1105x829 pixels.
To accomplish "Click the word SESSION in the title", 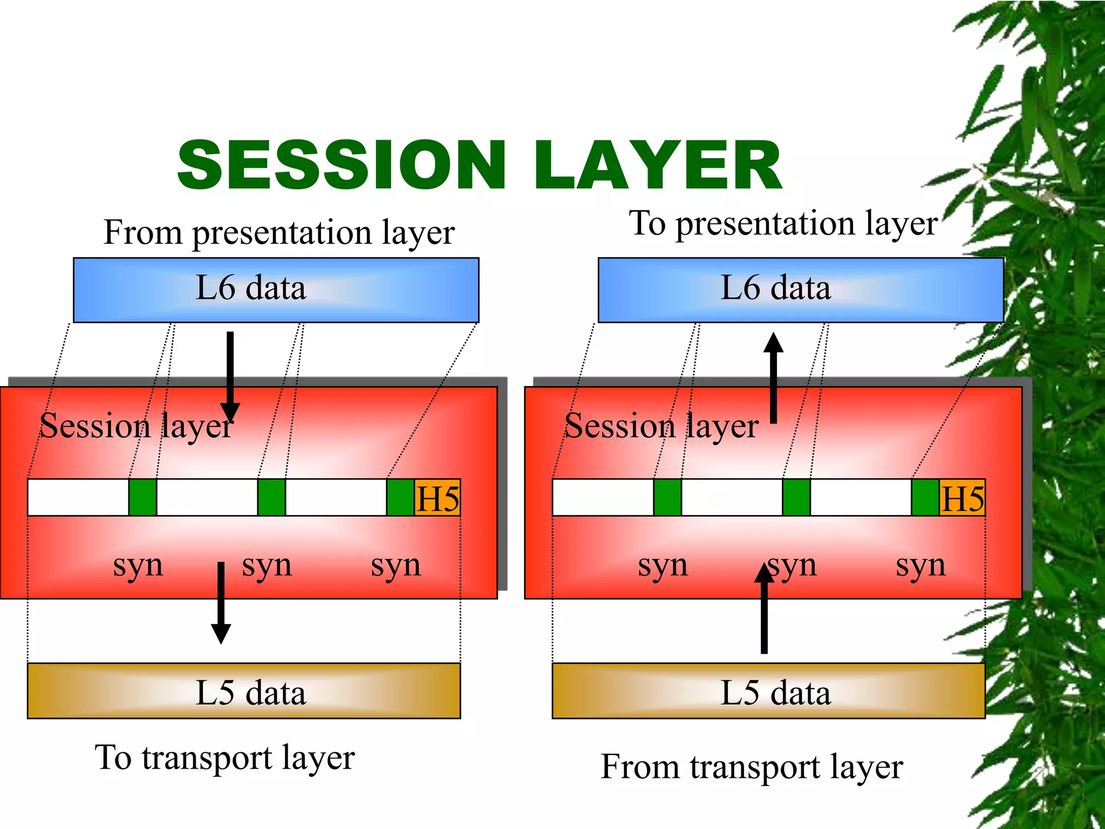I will tap(341, 165).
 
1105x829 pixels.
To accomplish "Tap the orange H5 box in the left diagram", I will tap(437, 498).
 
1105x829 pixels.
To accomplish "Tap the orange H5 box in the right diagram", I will tap(962, 498).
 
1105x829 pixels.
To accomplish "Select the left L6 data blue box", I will tap(276, 290).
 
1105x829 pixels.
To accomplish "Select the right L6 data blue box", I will tap(801, 290).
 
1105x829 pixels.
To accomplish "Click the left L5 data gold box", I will tap(244, 691).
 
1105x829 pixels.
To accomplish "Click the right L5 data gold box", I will tap(768, 691).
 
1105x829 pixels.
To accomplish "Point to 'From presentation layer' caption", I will tap(279, 233).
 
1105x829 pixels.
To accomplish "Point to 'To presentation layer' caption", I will tap(783, 224).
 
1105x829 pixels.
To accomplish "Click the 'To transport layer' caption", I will tap(224, 758).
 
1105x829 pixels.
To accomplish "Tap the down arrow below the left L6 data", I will tap(230, 378).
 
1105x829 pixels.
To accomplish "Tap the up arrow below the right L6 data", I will tap(773, 378).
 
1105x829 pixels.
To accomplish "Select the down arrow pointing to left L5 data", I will tap(221, 602).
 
